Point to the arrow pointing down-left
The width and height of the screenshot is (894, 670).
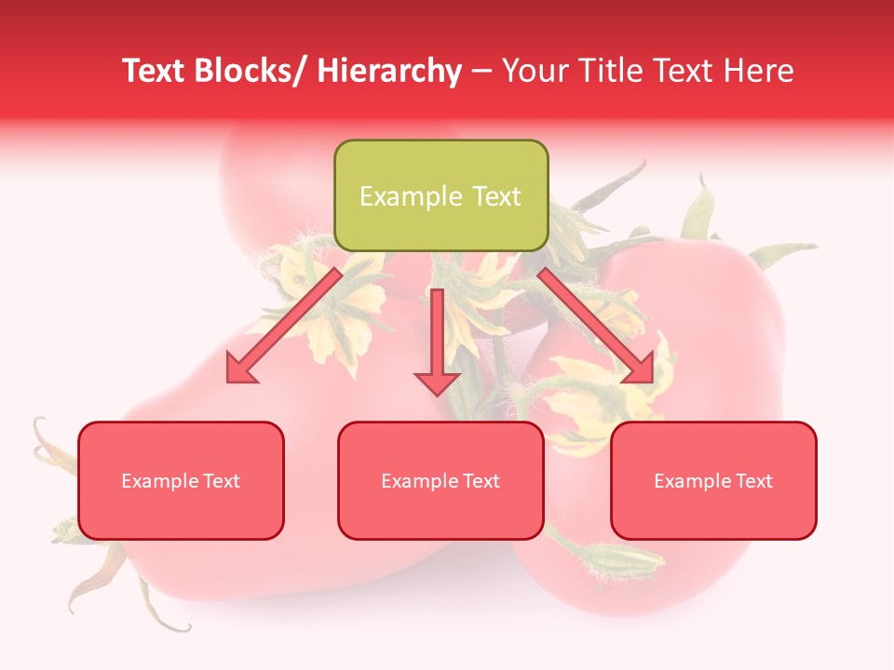tap(285, 325)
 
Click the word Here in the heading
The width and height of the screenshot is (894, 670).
tap(759, 71)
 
